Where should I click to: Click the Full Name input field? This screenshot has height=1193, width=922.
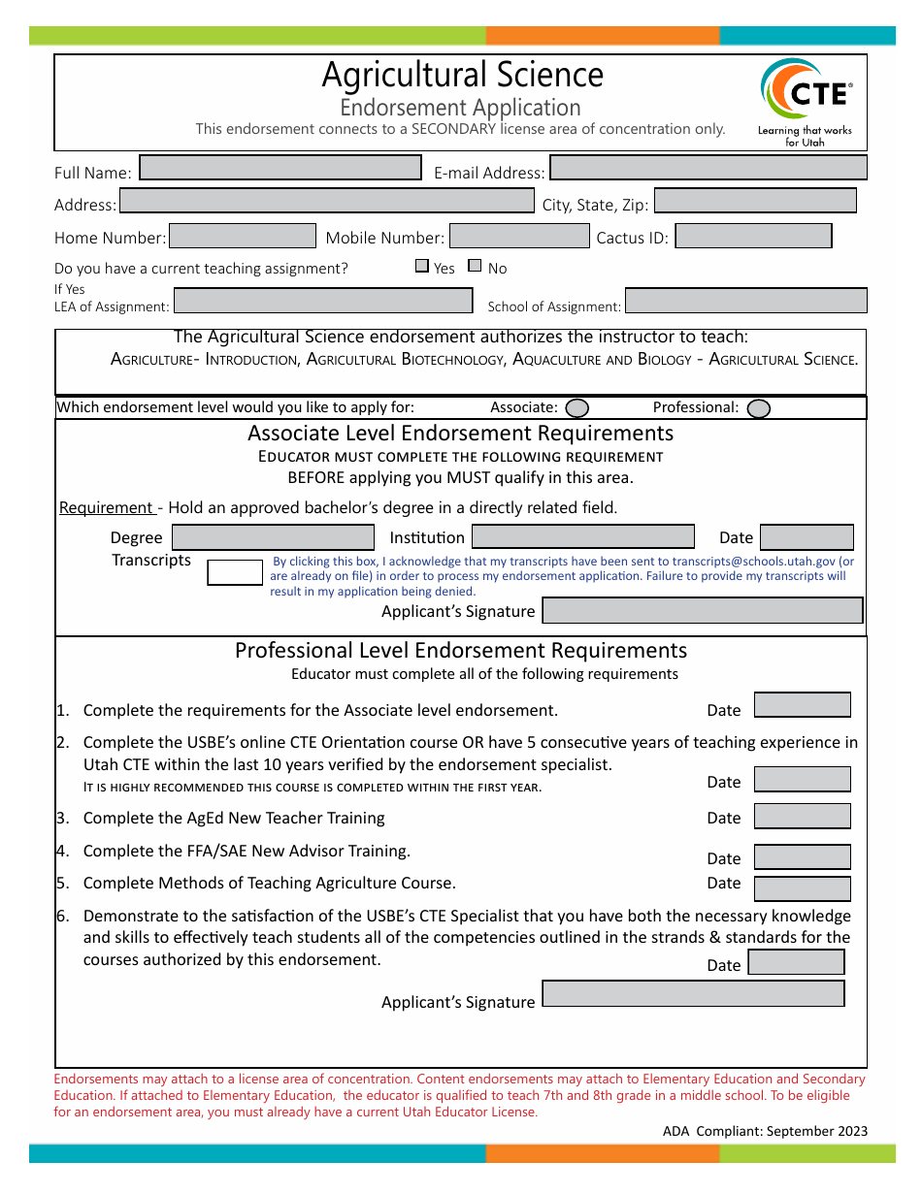click(280, 168)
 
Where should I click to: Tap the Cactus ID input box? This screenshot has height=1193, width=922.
click(753, 236)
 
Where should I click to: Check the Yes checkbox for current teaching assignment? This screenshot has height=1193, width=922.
click(422, 266)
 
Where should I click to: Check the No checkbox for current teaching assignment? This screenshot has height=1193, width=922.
click(475, 266)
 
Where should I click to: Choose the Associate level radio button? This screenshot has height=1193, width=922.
click(576, 408)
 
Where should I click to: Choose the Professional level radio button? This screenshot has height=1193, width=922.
click(759, 408)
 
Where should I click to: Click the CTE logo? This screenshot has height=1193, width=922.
click(806, 101)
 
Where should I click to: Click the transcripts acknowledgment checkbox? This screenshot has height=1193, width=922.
click(235, 572)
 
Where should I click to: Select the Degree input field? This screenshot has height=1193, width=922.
click(273, 537)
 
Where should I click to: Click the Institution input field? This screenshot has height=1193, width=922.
click(583, 537)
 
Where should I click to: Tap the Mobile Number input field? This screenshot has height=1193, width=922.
click(519, 236)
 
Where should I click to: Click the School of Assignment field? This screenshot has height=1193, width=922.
click(745, 301)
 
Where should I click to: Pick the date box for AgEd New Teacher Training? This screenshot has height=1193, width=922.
click(802, 816)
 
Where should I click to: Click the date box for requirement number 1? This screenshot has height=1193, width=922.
click(802, 705)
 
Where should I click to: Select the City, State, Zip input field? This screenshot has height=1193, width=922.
click(755, 201)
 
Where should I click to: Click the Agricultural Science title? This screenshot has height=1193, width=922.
click(462, 75)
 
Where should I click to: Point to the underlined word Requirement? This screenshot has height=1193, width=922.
click(107, 507)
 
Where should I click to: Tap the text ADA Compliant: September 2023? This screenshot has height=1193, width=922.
click(765, 1131)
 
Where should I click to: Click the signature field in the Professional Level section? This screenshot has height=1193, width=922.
click(693, 994)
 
